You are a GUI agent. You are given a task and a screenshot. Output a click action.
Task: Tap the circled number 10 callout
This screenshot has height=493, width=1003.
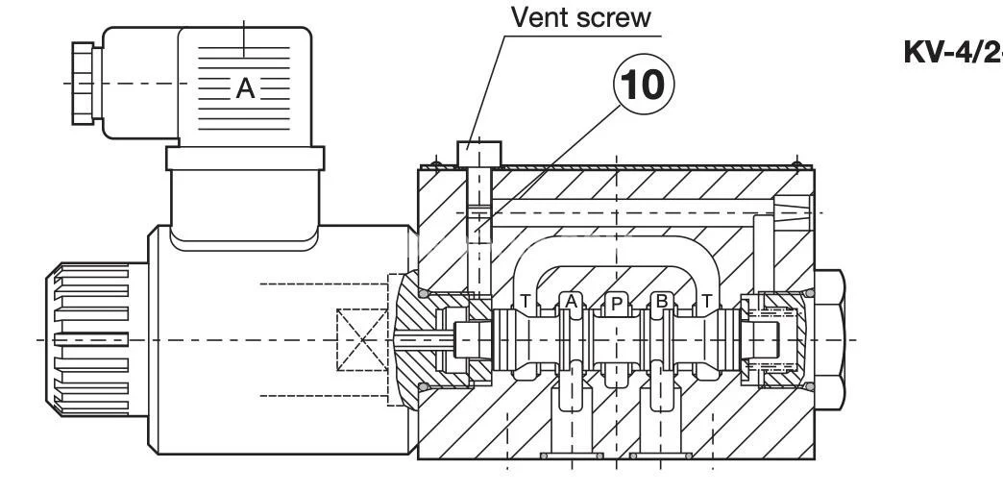[644, 86]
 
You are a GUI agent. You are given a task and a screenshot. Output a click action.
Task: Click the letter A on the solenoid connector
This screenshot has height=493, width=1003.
[246, 89]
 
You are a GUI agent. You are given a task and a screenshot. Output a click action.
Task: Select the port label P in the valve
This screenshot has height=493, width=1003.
[617, 304]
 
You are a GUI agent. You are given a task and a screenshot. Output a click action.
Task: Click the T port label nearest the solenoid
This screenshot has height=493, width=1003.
[526, 302]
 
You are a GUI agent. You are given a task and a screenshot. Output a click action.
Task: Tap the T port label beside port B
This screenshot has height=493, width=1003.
[707, 302]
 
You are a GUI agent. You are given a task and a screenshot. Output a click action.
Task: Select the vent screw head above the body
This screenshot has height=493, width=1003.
[478, 152]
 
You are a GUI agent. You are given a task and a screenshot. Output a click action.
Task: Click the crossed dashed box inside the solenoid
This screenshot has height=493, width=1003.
[360, 341]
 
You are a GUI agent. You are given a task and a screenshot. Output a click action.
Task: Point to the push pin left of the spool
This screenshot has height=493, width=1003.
[423, 339]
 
